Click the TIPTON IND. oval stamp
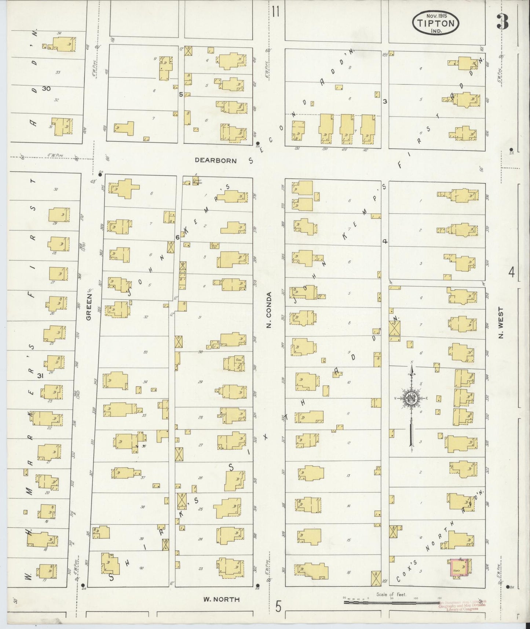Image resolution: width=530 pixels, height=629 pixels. (x=435, y=23)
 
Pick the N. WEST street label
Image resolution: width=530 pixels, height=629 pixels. (x=501, y=323)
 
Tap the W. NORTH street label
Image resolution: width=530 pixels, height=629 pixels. (x=222, y=599)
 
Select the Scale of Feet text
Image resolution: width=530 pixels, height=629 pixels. (x=391, y=594)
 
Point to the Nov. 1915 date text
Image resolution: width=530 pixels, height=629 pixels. (x=435, y=16)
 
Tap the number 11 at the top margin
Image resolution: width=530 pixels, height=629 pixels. (x=276, y=12)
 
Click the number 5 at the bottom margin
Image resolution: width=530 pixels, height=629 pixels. (x=279, y=607)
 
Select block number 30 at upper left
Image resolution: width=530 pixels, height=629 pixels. (x=46, y=89)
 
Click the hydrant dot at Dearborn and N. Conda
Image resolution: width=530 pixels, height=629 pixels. (x=258, y=143)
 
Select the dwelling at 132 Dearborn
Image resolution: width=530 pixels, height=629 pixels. (x=298, y=131)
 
